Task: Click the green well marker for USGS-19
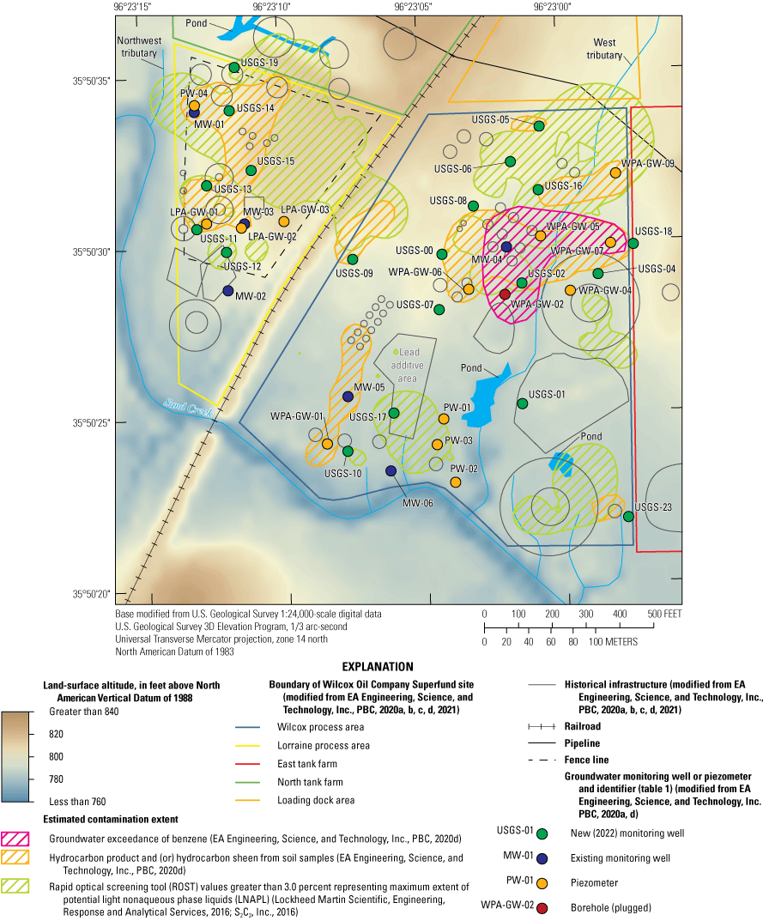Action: tap(234, 67)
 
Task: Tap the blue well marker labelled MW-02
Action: tap(228, 291)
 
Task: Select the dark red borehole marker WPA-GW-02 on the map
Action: tap(505, 294)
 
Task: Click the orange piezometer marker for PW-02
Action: tap(456, 482)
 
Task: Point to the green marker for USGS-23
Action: tap(628, 516)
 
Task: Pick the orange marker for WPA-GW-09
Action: tap(615, 173)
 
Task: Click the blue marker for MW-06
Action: tap(391, 470)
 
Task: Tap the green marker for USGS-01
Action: tap(522, 403)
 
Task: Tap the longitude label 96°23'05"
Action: tap(413, 7)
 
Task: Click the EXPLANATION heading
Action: tap(378, 666)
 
